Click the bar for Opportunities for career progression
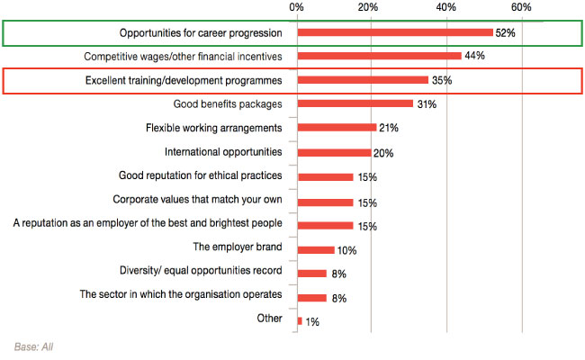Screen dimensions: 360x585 [394, 32]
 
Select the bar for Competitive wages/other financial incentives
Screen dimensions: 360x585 [379, 56]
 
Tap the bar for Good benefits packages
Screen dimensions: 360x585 [355, 103]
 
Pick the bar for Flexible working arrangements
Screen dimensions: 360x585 [337, 128]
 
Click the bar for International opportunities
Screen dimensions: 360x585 [334, 152]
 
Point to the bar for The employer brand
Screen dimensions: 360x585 [316, 249]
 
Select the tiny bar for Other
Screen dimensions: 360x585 [300, 321]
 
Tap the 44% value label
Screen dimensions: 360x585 [475, 56]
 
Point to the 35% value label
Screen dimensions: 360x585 [442, 80]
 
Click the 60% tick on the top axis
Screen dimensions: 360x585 [521, 7]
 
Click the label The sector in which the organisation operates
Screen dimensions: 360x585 [181, 294]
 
